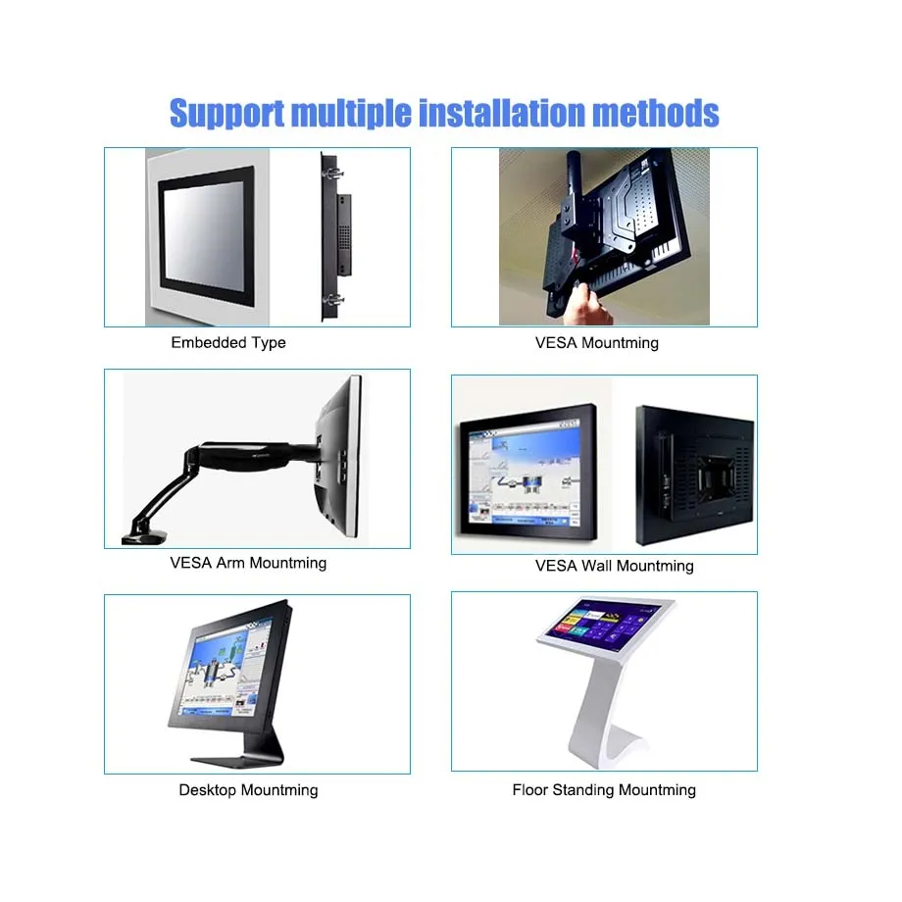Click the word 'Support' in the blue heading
click(x=226, y=114)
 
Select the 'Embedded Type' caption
click(x=228, y=343)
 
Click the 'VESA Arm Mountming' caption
click(x=248, y=563)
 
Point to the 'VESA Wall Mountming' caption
click(x=614, y=566)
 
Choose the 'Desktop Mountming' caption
click(x=248, y=790)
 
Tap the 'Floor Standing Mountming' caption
click(x=603, y=790)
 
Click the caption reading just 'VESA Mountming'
click(x=596, y=343)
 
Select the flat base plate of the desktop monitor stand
click(x=237, y=762)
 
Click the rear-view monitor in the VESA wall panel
click(x=694, y=476)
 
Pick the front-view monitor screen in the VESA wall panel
click(x=526, y=474)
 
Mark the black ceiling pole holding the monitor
click(x=575, y=190)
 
